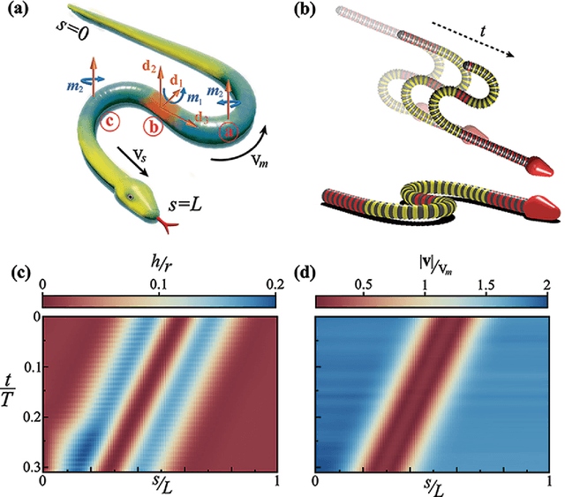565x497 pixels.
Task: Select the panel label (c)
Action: [x=18, y=269]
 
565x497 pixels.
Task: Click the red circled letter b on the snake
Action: [x=155, y=128]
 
